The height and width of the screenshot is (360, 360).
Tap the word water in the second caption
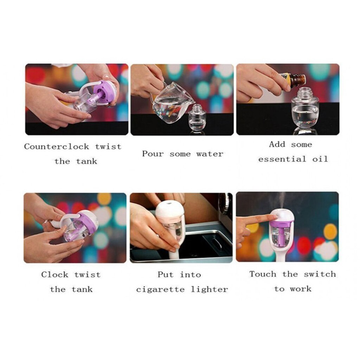click(x=210, y=154)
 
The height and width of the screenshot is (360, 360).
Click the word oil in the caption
click(x=320, y=159)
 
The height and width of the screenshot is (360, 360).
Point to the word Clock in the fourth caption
click(x=54, y=275)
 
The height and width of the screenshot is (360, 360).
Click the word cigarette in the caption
click(x=160, y=290)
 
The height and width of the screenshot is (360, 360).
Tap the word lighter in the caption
click(x=210, y=290)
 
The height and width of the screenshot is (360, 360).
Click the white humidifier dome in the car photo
click(x=169, y=208)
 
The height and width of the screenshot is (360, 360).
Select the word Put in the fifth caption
click(x=166, y=275)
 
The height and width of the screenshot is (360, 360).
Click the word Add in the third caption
click(x=277, y=144)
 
